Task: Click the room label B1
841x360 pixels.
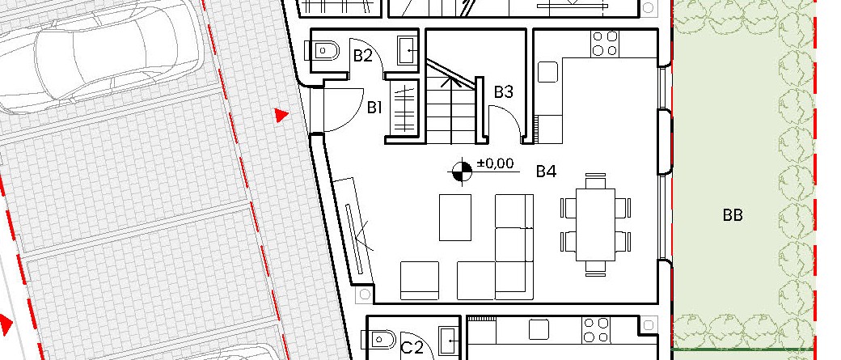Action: (374, 108)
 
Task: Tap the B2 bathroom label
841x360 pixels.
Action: (362, 56)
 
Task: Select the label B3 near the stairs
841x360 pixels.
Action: (503, 92)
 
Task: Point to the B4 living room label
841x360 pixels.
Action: (546, 172)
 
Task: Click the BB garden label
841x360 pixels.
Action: (732, 216)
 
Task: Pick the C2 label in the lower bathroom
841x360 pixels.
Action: (412, 348)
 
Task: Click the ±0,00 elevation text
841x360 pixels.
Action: (495, 163)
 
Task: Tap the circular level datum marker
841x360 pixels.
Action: (461, 172)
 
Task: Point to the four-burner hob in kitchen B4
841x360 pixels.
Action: (605, 44)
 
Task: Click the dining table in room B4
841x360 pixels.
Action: (595, 224)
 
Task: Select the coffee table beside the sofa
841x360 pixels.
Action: (455, 218)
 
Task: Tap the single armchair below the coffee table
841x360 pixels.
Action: (420, 281)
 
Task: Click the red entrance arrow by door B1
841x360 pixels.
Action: (281, 115)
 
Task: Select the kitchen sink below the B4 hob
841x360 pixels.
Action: (547, 72)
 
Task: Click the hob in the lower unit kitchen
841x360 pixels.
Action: (597, 330)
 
